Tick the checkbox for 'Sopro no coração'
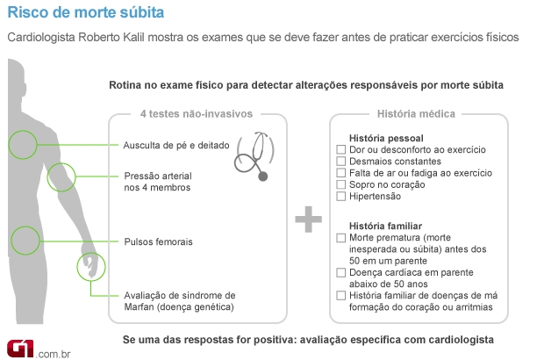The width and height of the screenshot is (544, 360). pos(341,184)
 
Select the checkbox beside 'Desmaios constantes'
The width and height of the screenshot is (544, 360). pos(341,162)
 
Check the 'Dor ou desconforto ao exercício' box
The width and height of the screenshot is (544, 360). pos(341,150)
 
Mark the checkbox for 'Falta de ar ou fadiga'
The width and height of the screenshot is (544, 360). pos(341,173)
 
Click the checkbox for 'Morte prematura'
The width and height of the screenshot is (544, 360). pos(341,238)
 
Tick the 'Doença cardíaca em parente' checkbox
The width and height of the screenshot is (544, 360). pos(341,272)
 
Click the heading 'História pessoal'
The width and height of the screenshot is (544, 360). pos(386,139)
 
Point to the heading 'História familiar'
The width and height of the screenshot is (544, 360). pos(385,226)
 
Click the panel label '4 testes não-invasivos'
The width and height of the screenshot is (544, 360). pos(197,113)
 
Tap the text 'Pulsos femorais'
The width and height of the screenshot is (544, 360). pos(158,241)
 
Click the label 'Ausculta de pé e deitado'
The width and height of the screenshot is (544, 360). pos(176,144)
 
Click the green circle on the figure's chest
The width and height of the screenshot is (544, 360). pos(22,144)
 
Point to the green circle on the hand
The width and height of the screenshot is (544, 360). pos(90,269)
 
